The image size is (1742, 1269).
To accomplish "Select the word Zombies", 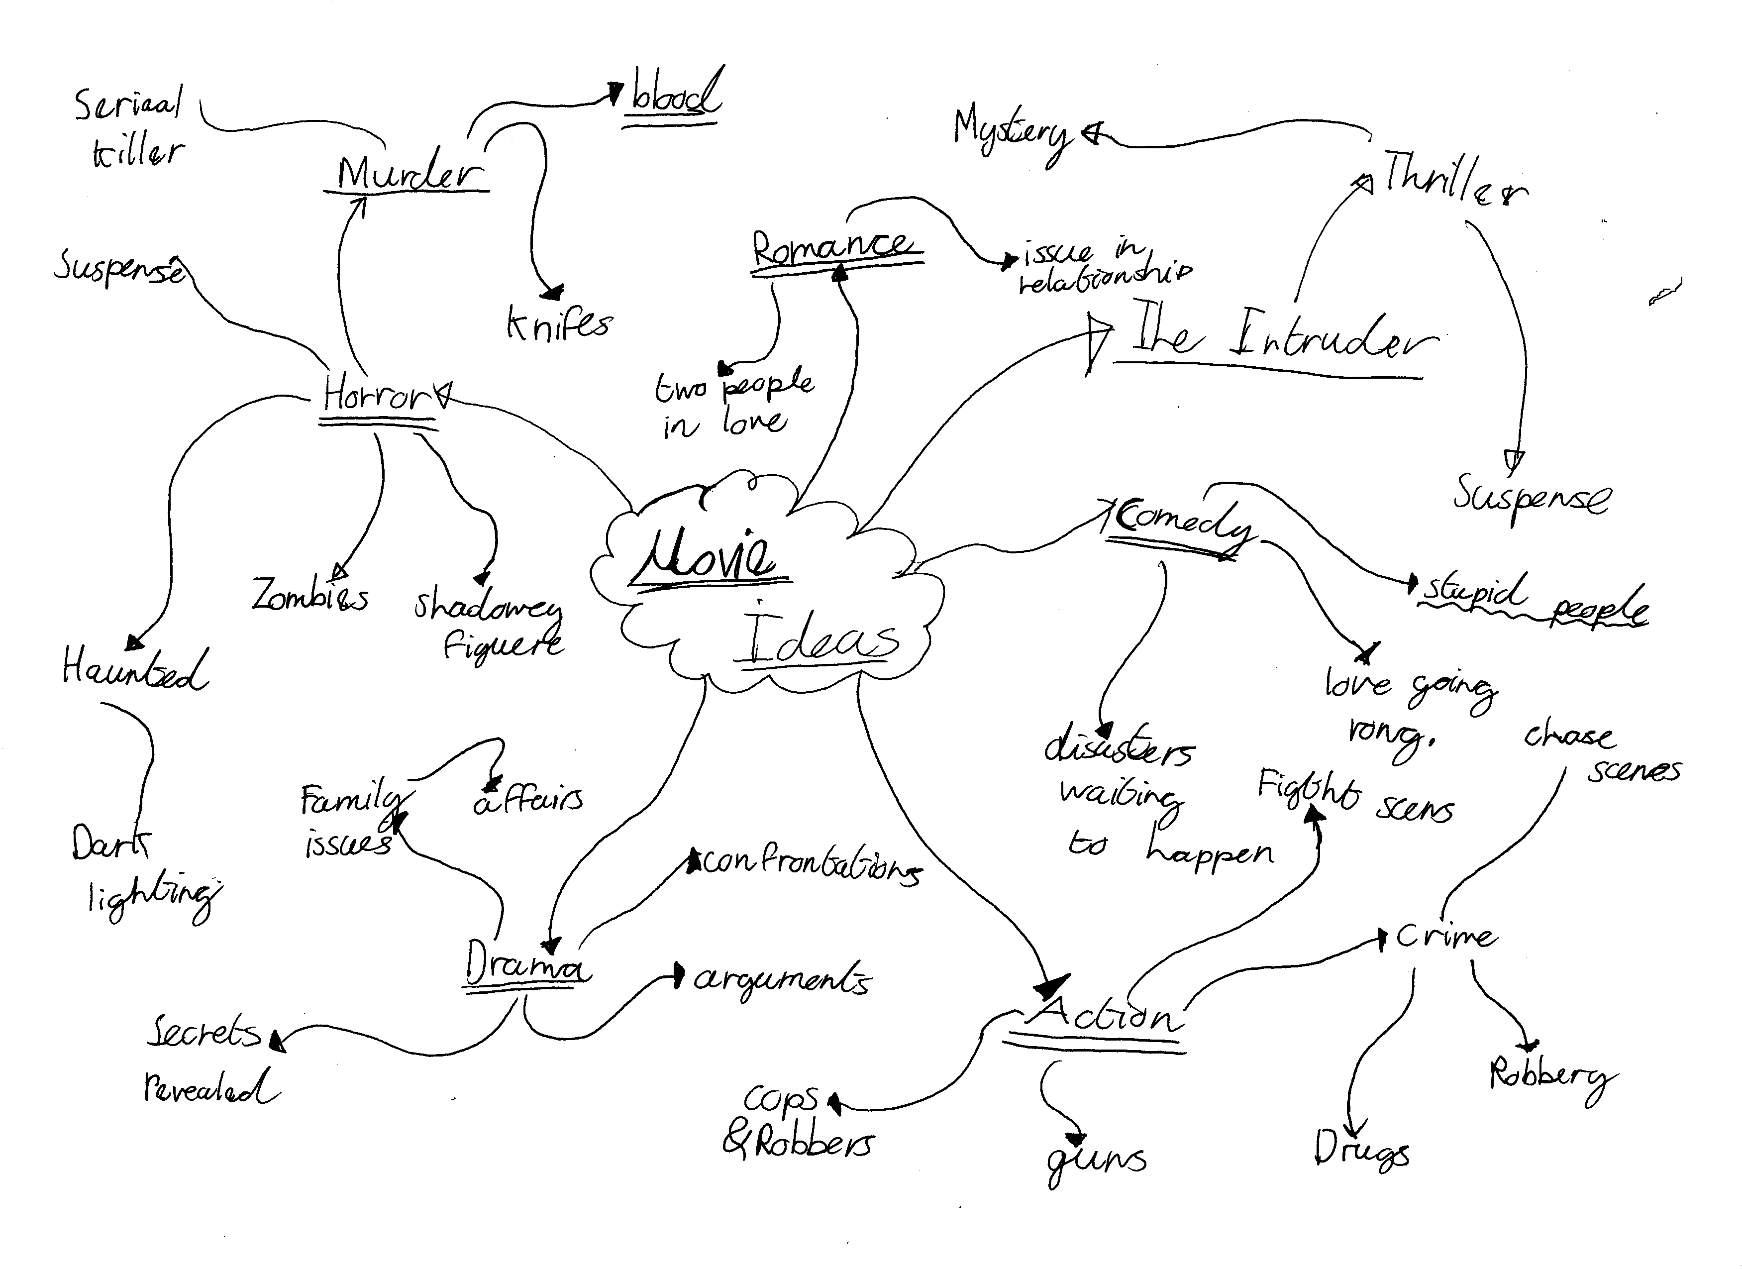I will click(x=309, y=595).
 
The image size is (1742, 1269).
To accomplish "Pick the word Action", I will click(x=1102, y=1016).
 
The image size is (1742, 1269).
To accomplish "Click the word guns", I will click(x=1095, y=1160).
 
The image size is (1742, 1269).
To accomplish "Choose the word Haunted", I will click(x=134, y=668).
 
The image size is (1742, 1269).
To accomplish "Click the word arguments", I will click(x=782, y=979).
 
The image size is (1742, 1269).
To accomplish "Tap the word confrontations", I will click(x=811, y=866).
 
